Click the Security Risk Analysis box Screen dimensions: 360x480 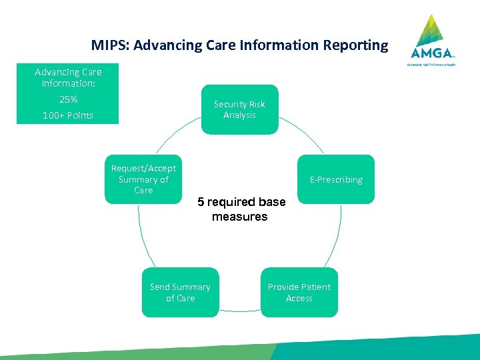coord(239,109)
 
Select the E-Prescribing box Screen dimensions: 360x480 coord(336,179)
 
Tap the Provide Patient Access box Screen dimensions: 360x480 coord(299,292)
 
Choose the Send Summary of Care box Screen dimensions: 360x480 coord(180,292)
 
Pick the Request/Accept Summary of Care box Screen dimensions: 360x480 coord(143,179)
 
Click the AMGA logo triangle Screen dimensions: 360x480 coord(433,30)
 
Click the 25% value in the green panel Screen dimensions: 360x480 coord(68,99)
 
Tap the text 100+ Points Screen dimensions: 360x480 coord(68,115)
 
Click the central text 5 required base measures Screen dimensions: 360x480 coord(241,209)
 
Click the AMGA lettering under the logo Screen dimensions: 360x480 coord(433,53)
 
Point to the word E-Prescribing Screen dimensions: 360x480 coord(336,180)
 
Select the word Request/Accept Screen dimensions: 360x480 coord(143,168)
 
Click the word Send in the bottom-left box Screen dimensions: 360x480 coord(159,287)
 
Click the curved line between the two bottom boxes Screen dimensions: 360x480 coord(239,311)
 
